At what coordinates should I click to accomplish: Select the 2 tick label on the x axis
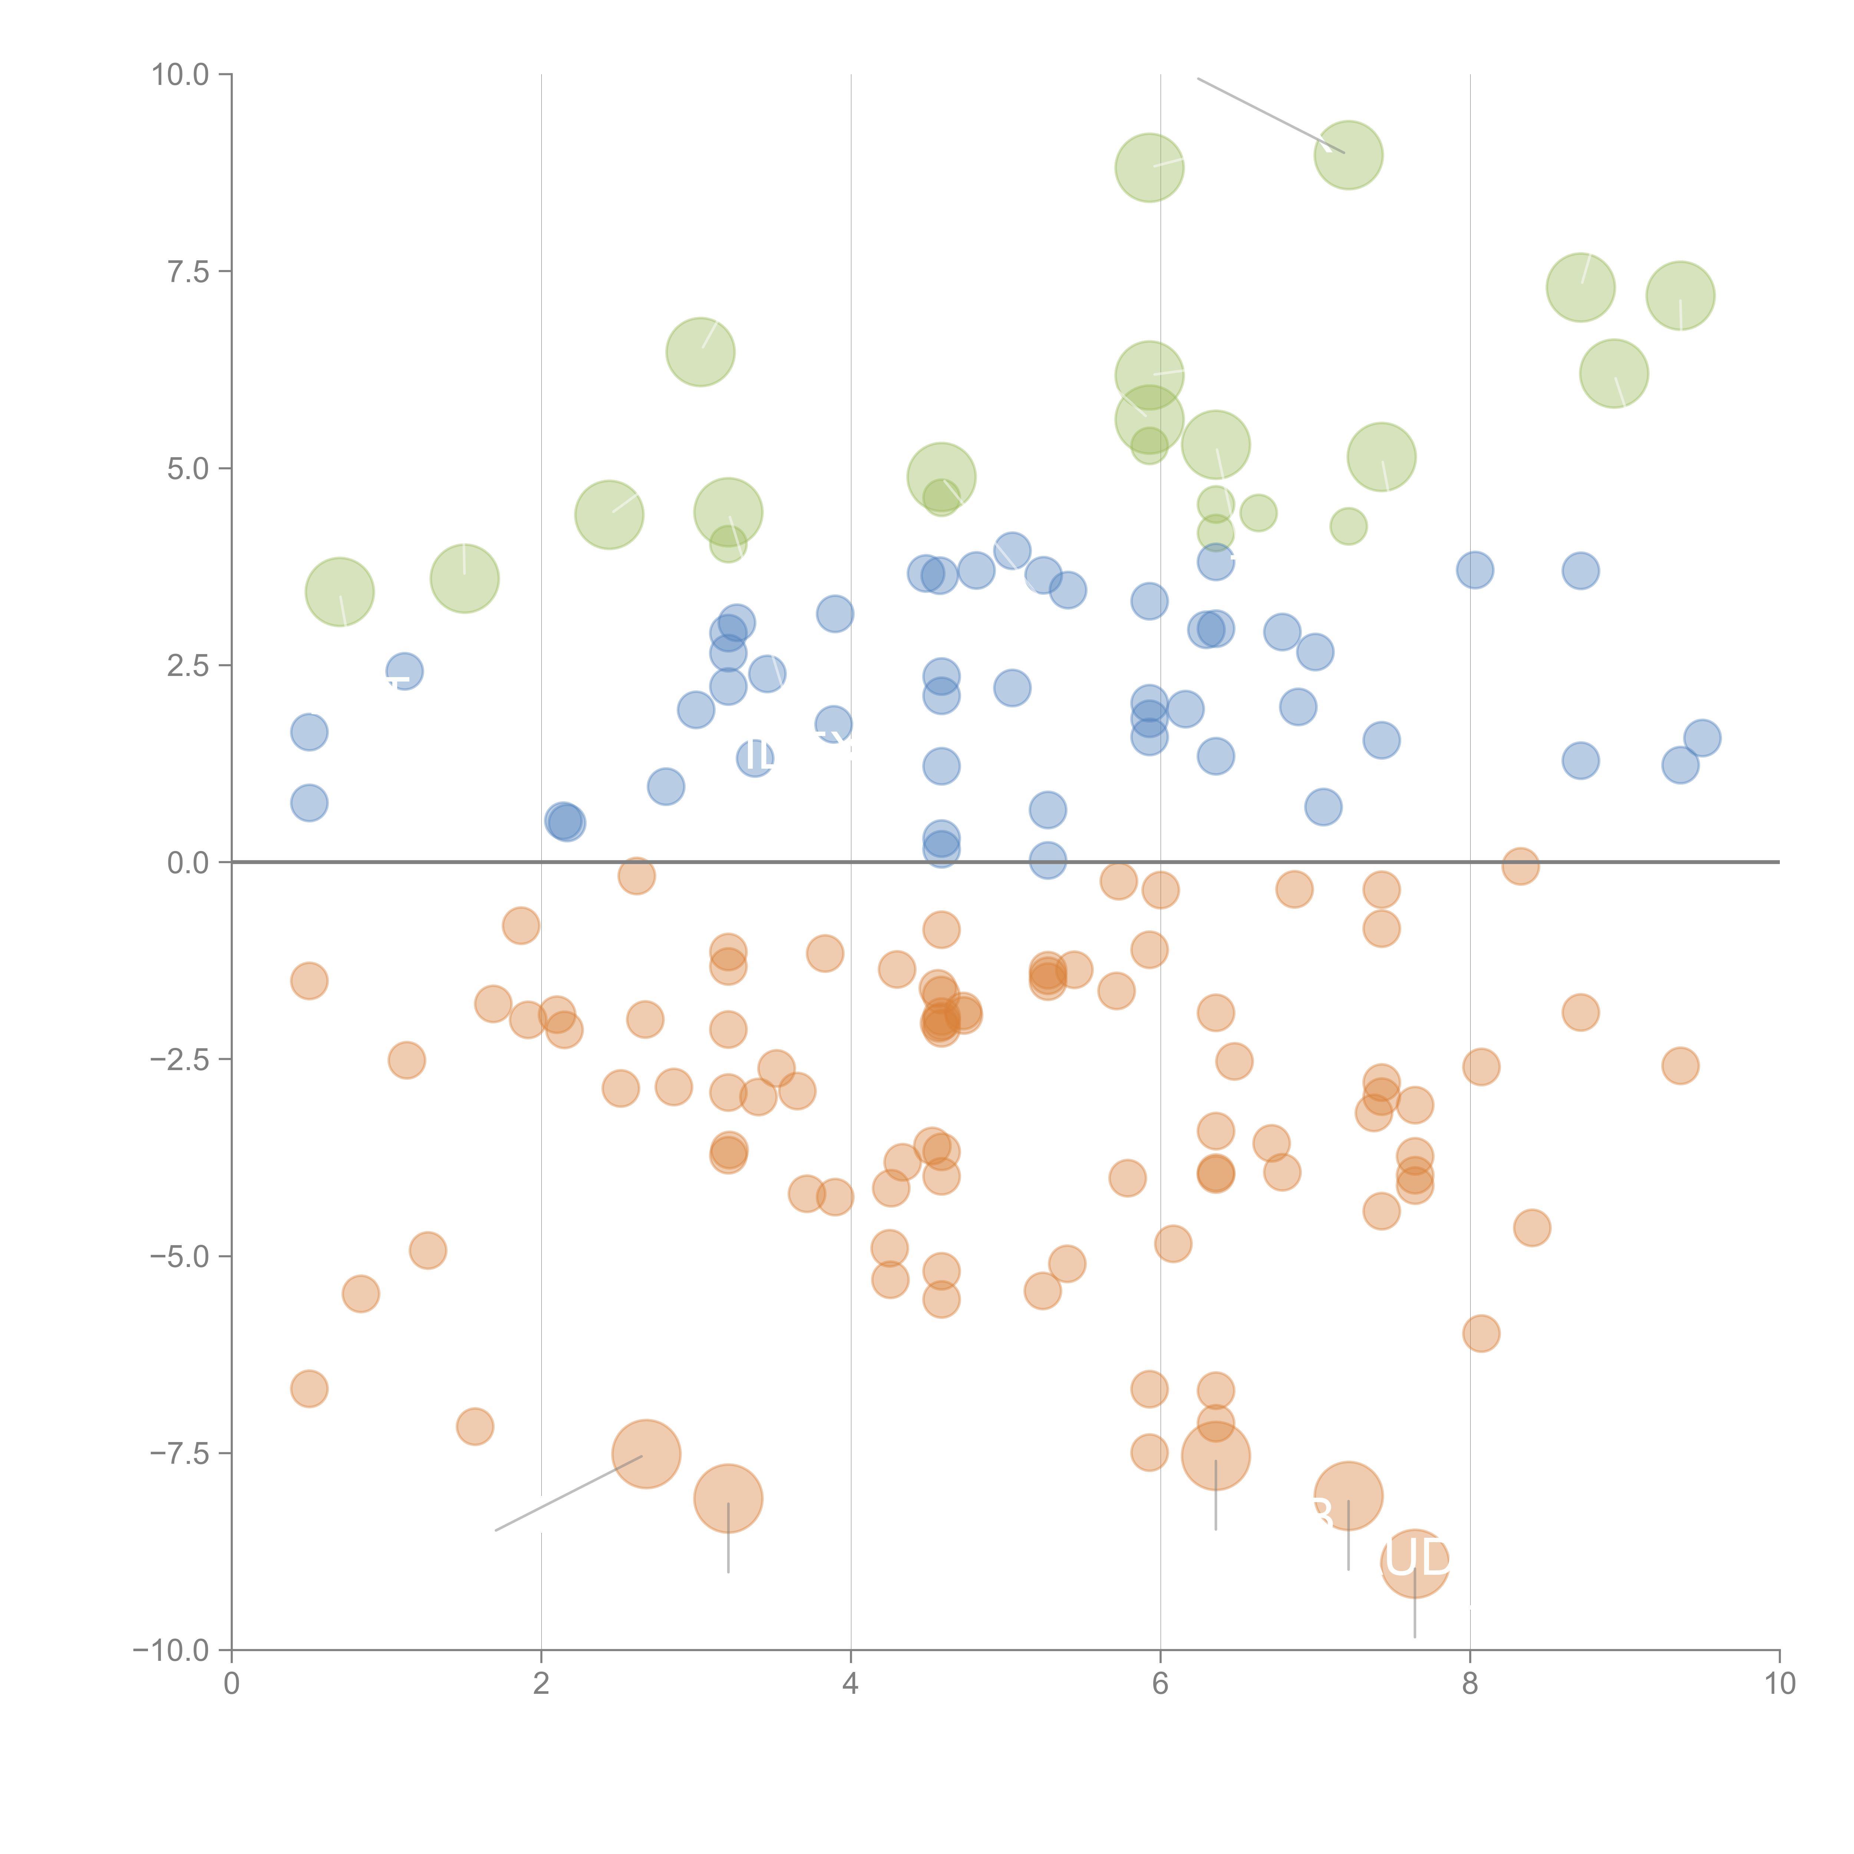coord(541,1684)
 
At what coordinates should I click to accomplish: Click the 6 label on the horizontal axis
coord(1160,1684)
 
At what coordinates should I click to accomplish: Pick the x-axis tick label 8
coord(1470,1684)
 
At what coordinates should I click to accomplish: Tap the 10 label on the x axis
coord(1779,1684)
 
